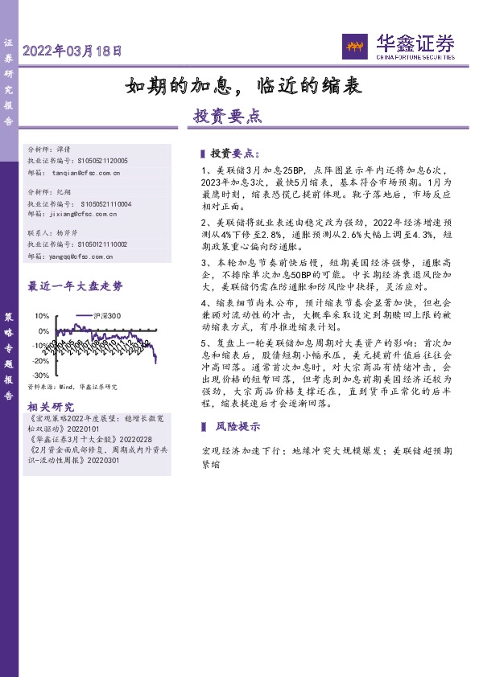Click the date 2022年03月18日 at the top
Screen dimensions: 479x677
coord(72,50)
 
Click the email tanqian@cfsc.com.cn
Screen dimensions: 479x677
coord(86,172)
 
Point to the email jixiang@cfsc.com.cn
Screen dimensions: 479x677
coord(85,215)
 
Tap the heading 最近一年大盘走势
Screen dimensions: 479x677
coord(76,285)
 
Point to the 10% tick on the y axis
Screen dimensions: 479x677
coord(43,316)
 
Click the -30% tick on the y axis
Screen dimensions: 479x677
coord(40,375)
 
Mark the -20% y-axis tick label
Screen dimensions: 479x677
coord(40,361)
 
